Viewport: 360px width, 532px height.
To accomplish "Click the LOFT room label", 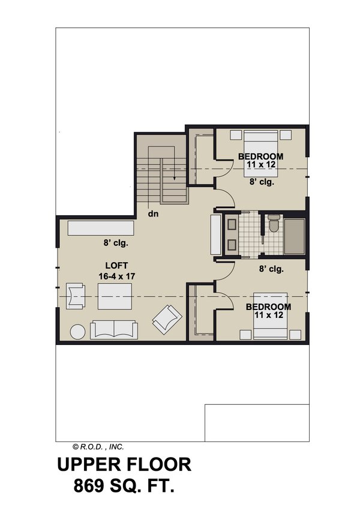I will point(116,264).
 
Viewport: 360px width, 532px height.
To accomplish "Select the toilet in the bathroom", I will point(274,224).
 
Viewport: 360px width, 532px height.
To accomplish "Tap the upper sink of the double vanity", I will point(231,226).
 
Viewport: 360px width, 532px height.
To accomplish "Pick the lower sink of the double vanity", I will point(231,245).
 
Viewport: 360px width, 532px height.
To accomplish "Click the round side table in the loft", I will point(78,332).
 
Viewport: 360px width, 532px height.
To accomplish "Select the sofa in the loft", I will point(113,329).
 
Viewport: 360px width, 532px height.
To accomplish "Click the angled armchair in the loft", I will point(165,318).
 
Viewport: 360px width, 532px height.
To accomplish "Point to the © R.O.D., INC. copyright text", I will point(98,446).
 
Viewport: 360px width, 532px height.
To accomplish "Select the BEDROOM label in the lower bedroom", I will point(268,306).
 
